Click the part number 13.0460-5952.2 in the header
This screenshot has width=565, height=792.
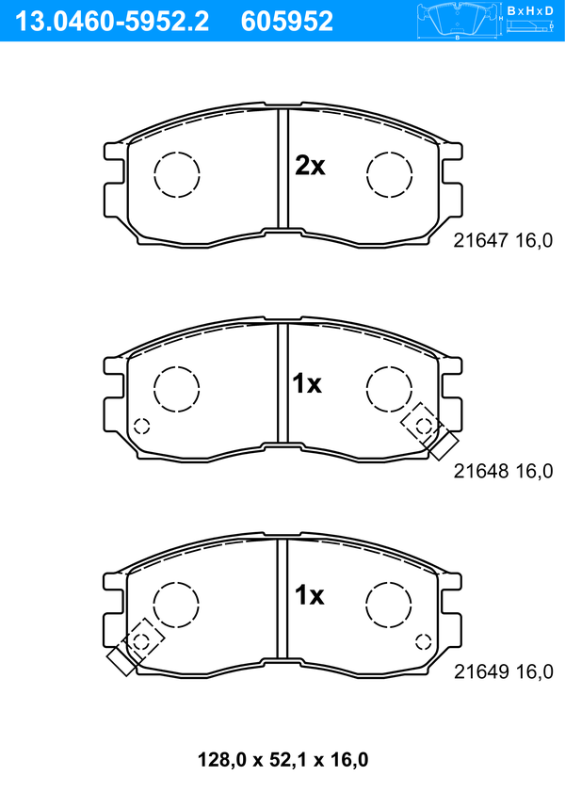click(112, 22)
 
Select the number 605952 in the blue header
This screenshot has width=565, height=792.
click(287, 22)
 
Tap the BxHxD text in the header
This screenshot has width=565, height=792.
click(530, 10)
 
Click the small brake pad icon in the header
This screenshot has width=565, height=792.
click(457, 21)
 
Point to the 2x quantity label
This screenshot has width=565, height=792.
click(310, 166)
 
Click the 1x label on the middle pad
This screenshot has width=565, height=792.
click(307, 384)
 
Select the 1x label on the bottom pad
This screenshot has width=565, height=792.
click(309, 595)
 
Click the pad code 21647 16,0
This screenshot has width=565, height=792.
click(503, 240)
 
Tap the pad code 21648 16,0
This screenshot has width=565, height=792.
click(503, 471)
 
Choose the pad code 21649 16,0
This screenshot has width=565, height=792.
click(504, 671)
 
